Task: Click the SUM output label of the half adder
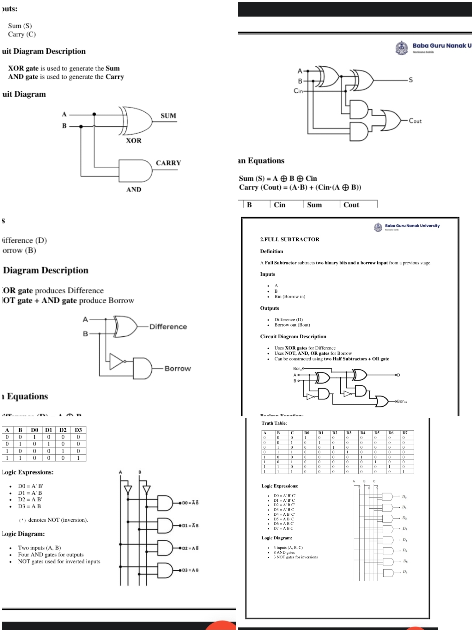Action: tap(168, 116)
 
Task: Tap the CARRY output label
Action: tap(168, 163)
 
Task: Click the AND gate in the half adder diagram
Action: tap(135, 171)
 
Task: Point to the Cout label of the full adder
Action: tap(415, 121)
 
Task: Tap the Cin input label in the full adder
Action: tap(298, 91)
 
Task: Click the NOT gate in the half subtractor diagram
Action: tap(117, 361)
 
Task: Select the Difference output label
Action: tap(168, 327)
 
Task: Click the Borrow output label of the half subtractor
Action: tap(178, 369)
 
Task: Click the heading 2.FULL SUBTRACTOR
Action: tap(289, 239)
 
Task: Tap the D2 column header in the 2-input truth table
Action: tap(63, 430)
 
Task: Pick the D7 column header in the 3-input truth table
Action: tap(405, 433)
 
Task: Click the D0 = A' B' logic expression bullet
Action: tap(30, 486)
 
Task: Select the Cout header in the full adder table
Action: tap(351, 205)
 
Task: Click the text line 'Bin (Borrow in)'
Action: tap(289, 297)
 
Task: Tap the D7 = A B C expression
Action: tap(283, 528)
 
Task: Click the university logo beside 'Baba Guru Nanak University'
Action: tap(378, 227)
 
